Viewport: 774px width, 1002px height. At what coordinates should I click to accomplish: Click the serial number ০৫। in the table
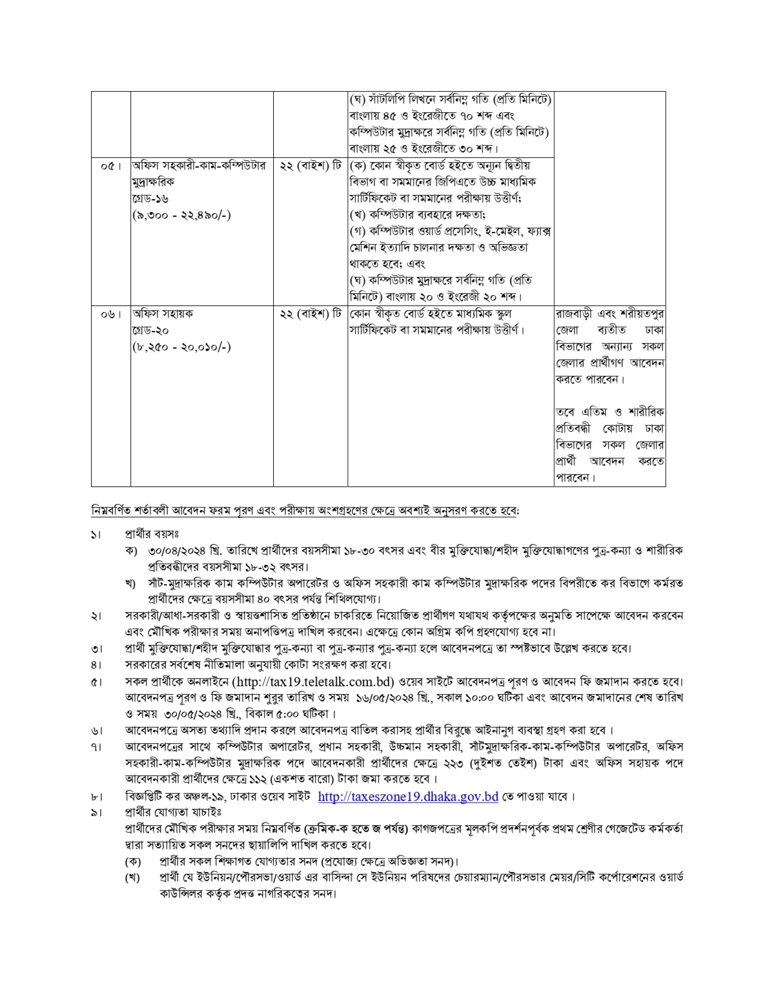pyautogui.click(x=110, y=166)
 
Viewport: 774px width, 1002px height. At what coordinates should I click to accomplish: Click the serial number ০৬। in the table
pyautogui.click(x=110, y=314)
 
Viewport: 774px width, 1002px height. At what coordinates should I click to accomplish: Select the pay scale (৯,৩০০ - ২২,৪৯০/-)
pyautogui.click(x=182, y=215)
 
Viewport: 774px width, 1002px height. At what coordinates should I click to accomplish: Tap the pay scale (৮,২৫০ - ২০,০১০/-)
pyautogui.click(x=182, y=347)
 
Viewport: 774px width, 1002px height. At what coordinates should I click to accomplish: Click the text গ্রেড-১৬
pyautogui.click(x=150, y=199)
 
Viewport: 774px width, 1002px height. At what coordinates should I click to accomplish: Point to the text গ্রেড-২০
pyautogui.click(x=150, y=331)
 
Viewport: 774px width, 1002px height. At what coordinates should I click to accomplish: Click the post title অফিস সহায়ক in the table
pyautogui.click(x=163, y=314)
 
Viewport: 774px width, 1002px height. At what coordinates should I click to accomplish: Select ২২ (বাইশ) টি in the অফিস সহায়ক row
pyautogui.click(x=311, y=314)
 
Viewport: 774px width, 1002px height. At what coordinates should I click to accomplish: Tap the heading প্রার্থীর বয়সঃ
pyautogui.click(x=152, y=534)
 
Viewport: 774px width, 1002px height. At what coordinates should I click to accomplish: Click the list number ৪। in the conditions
pyautogui.click(x=96, y=665)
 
